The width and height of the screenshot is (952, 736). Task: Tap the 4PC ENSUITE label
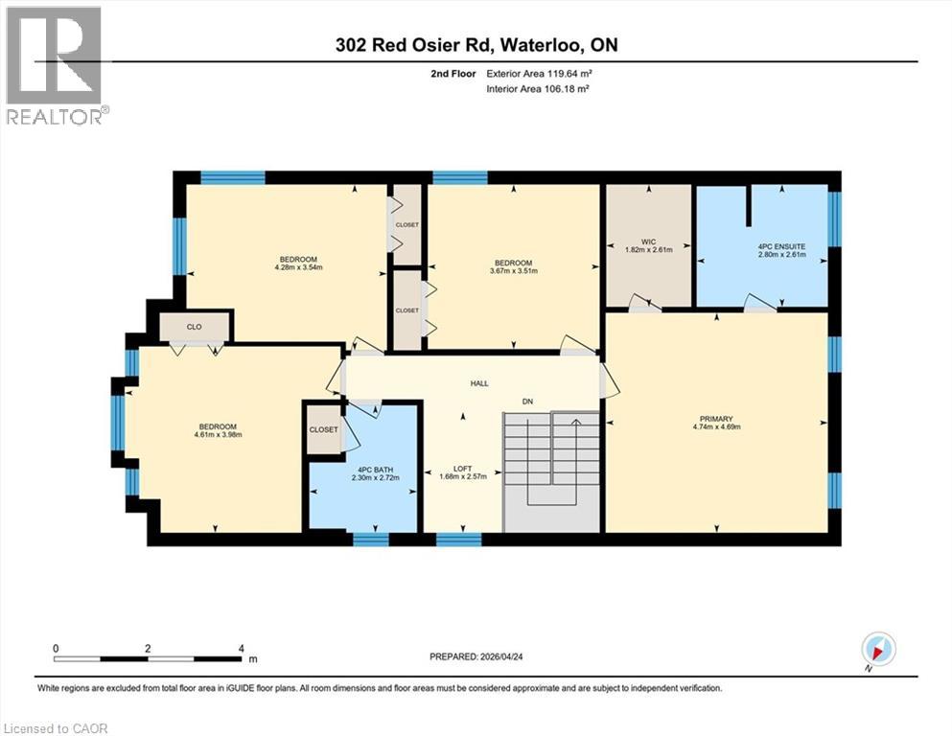[x=781, y=246]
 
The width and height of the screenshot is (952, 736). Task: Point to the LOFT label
[x=463, y=469]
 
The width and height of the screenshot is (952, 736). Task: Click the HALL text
[x=479, y=383]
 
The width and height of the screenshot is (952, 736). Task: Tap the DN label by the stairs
[x=526, y=401]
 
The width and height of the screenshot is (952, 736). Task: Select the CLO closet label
[x=195, y=327]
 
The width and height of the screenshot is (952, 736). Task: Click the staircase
[x=551, y=470]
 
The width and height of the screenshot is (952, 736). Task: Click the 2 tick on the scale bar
[x=148, y=649]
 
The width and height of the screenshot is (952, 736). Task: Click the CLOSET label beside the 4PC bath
[x=323, y=429]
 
